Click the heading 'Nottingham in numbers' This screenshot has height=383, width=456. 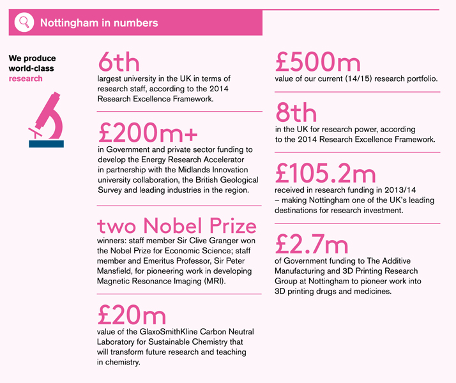(x=99, y=23)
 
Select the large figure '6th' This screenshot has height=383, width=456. (x=118, y=63)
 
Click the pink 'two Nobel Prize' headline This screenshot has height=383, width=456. (x=177, y=226)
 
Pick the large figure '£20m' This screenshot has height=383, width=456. (x=132, y=315)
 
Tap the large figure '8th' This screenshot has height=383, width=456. (x=296, y=113)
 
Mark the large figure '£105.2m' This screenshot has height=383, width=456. (x=326, y=174)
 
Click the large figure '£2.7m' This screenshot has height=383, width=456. (x=312, y=244)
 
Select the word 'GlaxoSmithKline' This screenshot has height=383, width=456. (x=162, y=331)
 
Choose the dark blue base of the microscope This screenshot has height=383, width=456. (x=47, y=144)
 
